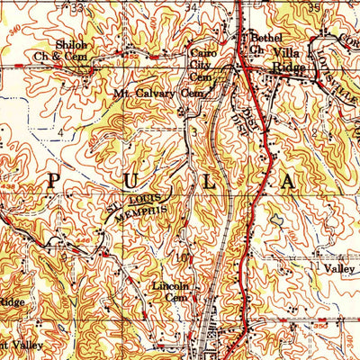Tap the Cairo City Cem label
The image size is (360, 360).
click(202, 64)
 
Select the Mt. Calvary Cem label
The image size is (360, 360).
click(152, 93)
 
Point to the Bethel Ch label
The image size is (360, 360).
click(265, 42)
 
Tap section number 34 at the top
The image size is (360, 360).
click(191, 6)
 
